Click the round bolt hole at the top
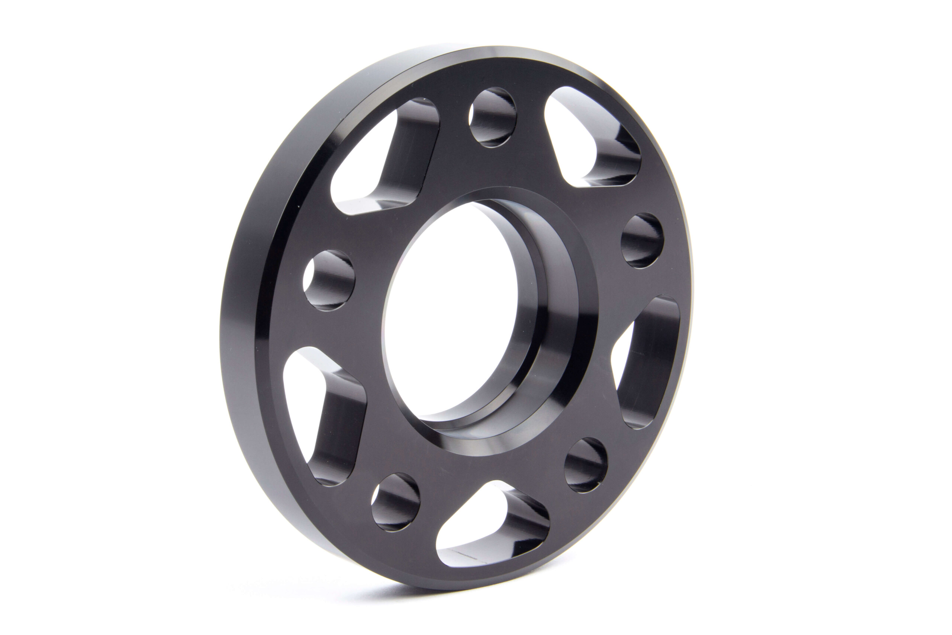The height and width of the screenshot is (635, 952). click(493, 118)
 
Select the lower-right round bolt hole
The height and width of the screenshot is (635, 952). click(586, 465)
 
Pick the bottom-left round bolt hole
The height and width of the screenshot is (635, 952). click(395, 502)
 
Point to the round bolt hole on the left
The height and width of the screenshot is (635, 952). click(329, 280)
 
